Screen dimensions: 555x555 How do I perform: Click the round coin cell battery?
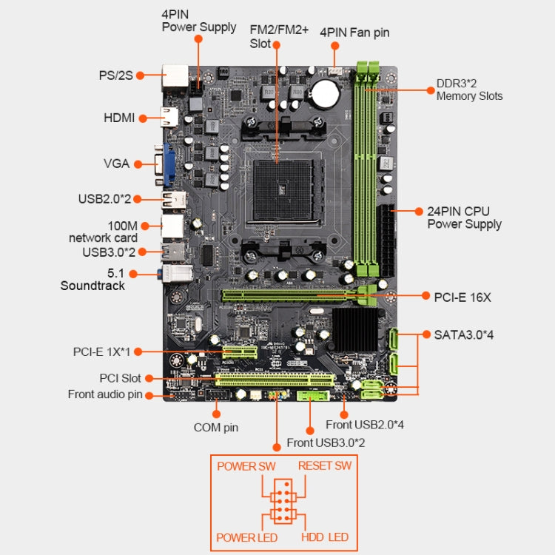[x=324, y=92]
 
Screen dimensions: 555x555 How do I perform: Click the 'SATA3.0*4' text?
[x=459, y=334]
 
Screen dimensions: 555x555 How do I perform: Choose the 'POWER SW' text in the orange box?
[x=246, y=466]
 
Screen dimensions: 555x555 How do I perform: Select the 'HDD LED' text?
[x=325, y=536]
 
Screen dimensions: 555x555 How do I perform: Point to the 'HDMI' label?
[x=120, y=118]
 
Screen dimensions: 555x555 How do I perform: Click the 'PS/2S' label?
[x=115, y=75]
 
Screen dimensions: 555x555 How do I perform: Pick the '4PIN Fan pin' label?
[x=354, y=33]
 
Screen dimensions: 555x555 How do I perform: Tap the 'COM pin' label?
[x=216, y=427]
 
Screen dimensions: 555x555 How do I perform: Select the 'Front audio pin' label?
[x=105, y=394]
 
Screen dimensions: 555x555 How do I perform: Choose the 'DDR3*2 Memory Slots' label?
[x=469, y=90]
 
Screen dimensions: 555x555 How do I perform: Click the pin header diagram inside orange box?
[x=284, y=502]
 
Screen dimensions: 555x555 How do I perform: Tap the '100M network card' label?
[x=103, y=231]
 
